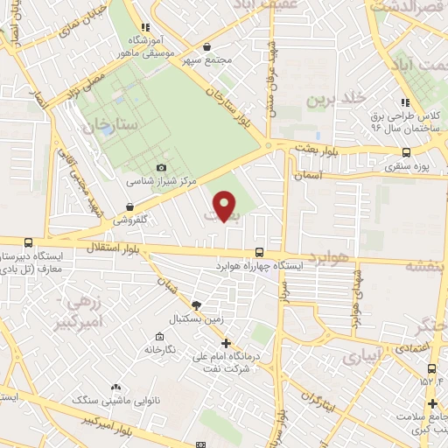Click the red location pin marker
(226, 206)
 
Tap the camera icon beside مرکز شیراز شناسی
(161, 167)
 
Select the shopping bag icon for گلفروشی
(129, 207)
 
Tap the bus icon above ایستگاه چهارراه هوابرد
(257, 251)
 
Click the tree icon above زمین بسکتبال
(196, 304)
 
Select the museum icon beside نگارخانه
(158, 338)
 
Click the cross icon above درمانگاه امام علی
(226, 344)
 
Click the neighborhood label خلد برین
(332, 99)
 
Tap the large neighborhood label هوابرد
(329, 256)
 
